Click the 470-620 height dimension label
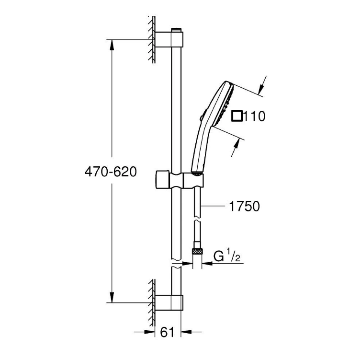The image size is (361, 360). pyautogui.click(x=111, y=172)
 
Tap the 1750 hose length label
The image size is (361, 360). pyautogui.click(x=245, y=206)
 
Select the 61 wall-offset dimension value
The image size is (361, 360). pyautogui.click(x=167, y=332)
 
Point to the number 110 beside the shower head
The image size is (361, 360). pyautogui.click(x=254, y=116)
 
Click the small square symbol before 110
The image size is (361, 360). pyautogui.click(x=237, y=116)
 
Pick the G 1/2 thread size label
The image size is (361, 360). pyautogui.click(x=227, y=256)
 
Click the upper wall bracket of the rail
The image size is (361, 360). pyautogui.click(x=169, y=40)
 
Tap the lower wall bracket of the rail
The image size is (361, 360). pyautogui.click(x=169, y=302)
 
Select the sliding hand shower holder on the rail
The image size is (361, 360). pyautogui.click(x=180, y=180)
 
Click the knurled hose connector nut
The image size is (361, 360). pyautogui.click(x=197, y=251)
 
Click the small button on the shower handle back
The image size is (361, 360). pyautogui.click(x=202, y=117)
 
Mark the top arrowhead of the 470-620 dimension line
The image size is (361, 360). pyautogui.click(x=112, y=45)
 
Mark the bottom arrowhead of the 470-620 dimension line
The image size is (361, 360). pyautogui.click(x=112, y=297)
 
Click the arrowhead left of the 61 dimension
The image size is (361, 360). pyautogui.click(x=150, y=332)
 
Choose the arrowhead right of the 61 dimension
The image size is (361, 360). pyautogui.click(x=187, y=332)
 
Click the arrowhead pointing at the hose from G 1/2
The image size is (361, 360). pyautogui.click(x=207, y=263)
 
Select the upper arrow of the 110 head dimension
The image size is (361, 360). pyautogui.click(x=261, y=90)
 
